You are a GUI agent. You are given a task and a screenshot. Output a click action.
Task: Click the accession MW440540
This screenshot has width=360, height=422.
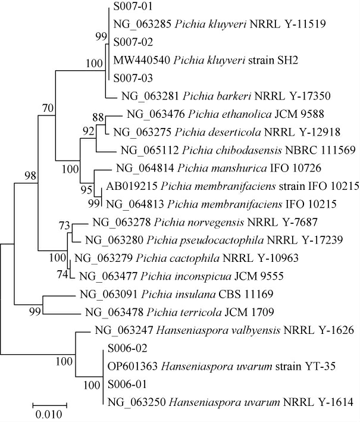137,60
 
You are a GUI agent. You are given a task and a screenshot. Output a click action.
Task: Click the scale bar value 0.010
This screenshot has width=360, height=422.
49,413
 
